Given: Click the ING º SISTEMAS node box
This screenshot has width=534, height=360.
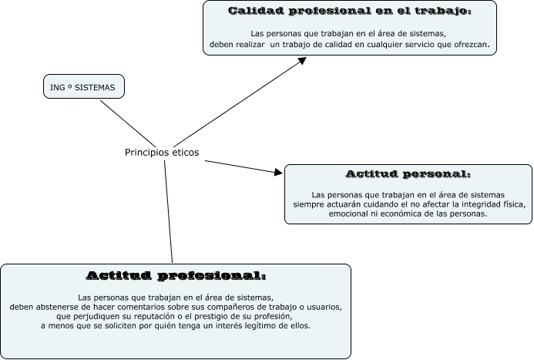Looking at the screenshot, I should coord(82,88).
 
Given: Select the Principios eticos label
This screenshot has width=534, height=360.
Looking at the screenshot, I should coord(162,153).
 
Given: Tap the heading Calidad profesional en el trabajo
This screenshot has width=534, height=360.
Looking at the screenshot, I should coord(350,12).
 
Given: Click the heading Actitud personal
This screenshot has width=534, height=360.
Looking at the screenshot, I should coord(408,174).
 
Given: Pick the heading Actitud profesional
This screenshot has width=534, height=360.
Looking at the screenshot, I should coord(176,275).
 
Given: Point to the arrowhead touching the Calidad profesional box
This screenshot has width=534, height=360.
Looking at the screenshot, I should coord(303,62).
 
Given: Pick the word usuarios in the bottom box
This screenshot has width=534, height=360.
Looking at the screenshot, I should coord(322,307).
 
